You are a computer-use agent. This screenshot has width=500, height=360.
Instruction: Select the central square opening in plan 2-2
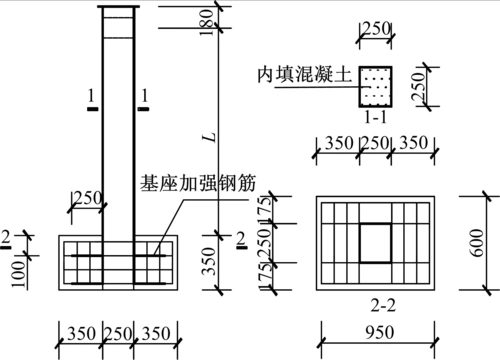click(x=376, y=242)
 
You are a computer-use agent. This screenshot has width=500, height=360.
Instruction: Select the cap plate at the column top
click(x=117, y=10)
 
